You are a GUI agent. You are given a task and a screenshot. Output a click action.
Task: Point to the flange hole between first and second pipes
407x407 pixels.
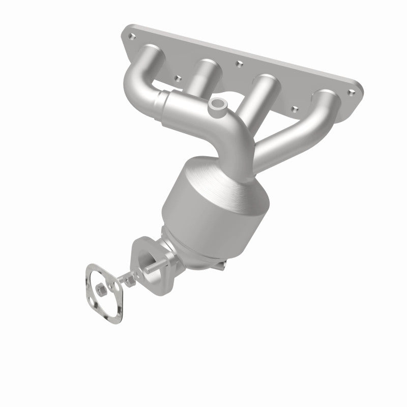point(178,78)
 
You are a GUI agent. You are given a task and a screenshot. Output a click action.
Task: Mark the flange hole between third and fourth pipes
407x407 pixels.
point(294,108)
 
